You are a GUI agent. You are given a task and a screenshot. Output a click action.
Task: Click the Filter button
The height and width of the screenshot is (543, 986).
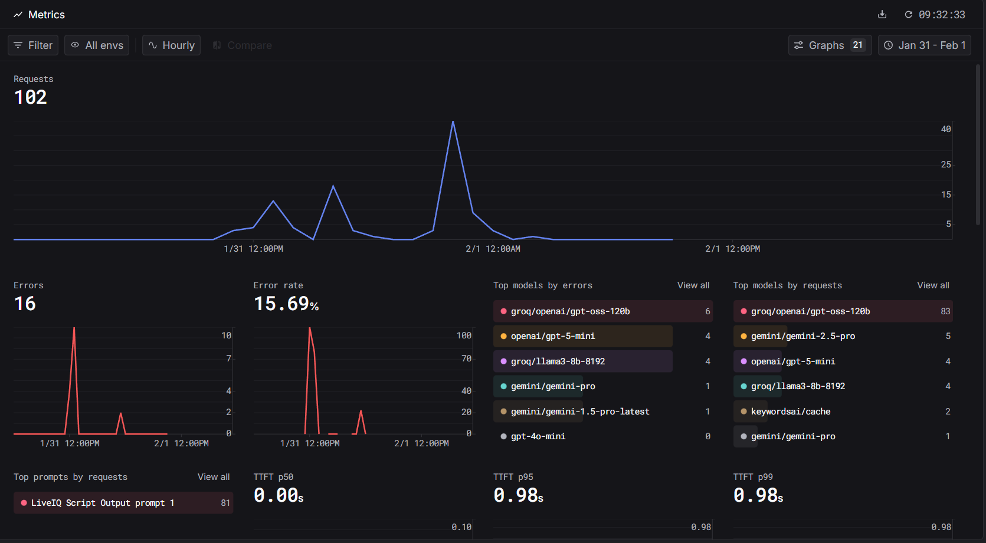[x=33, y=45]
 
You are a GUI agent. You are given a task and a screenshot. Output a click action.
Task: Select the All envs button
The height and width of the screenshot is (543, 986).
[x=97, y=45]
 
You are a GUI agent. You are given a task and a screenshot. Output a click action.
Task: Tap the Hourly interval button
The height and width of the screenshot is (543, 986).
[x=171, y=45]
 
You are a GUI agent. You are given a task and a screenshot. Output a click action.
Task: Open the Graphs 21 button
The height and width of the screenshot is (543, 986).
[x=830, y=45]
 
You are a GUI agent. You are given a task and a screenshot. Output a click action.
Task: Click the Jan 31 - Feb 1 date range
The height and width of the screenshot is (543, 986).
[x=925, y=45]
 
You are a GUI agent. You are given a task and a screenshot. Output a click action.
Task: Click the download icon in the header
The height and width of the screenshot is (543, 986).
[x=882, y=15]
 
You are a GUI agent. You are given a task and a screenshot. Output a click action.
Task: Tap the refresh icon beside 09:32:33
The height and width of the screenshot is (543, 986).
[x=909, y=15]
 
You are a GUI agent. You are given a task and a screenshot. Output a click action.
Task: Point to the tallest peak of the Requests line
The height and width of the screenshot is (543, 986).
[x=453, y=122]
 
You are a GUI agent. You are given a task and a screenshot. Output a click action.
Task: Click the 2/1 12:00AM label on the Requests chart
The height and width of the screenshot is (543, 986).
[x=493, y=249]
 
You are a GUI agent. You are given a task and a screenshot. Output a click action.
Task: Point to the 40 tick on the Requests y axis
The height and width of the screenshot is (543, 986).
[x=946, y=129]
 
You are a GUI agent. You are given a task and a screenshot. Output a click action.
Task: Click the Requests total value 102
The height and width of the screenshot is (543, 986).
[x=31, y=97]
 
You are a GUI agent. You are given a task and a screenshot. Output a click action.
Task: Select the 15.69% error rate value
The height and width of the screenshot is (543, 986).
[x=286, y=304]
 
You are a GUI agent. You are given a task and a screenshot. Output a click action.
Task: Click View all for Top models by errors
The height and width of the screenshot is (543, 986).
[x=693, y=285]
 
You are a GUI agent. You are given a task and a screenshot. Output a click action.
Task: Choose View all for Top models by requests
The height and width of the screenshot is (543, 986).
[x=933, y=285]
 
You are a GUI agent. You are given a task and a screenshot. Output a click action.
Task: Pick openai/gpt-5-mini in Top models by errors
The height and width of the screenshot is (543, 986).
[x=553, y=336]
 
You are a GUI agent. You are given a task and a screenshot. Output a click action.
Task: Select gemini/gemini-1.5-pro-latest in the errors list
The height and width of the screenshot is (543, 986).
[x=580, y=412]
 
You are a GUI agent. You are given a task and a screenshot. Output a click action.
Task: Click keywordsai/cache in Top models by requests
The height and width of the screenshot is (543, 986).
[x=791, y=412]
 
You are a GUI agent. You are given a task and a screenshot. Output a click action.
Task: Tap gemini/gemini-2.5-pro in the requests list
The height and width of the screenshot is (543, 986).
[x=802, y=336]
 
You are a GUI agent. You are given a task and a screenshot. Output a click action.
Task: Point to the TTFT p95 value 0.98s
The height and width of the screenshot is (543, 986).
[x=518, y=496]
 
